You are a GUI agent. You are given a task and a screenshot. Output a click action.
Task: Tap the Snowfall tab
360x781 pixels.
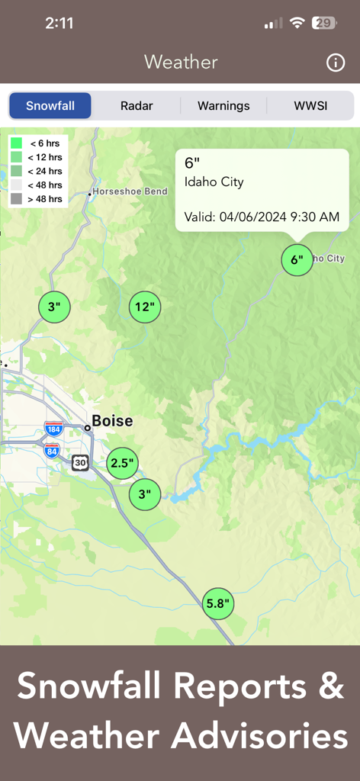[x=50, y=106]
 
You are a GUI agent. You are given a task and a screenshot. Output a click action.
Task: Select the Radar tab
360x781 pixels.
[x=137, y=106]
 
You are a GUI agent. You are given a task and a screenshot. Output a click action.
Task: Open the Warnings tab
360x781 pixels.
[x=223, y=106]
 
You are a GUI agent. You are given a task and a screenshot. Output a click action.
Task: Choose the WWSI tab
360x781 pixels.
[x=310, y=106]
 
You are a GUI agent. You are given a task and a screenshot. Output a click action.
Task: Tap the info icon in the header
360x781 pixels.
[x=336, y=63]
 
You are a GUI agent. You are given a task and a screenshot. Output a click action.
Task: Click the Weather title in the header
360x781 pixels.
[x=181, y=63]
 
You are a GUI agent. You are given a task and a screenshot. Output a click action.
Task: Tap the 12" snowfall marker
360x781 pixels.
[x=145, y=307]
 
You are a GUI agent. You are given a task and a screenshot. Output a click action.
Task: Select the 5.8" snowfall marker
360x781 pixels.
[x=218, y=604]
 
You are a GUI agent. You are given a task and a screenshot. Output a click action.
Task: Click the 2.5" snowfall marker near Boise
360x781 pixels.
[x=122, y=463]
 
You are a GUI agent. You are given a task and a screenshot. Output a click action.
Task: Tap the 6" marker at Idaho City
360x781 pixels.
[x=297, y=260]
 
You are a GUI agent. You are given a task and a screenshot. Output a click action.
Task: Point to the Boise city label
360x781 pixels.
[x=112, y=421]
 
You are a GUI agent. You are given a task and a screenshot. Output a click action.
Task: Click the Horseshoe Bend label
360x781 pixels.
[x=130, y=191]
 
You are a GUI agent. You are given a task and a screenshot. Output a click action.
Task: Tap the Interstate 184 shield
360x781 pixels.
[x=53, y=429]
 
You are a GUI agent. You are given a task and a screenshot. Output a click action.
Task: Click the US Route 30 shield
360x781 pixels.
[x=80, y=462]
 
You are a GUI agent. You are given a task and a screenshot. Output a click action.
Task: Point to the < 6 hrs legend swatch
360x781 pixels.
[x=16, y=143]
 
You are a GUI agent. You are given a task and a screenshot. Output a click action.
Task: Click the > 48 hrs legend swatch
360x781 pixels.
[x=16, y=199]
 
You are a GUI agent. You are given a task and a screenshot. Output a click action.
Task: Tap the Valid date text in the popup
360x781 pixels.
[x=262, y=217]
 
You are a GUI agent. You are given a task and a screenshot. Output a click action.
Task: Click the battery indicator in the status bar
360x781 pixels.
[x=324, y=23]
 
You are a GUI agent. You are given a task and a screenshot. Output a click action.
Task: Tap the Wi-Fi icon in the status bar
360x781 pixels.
[x=297, y=23]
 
